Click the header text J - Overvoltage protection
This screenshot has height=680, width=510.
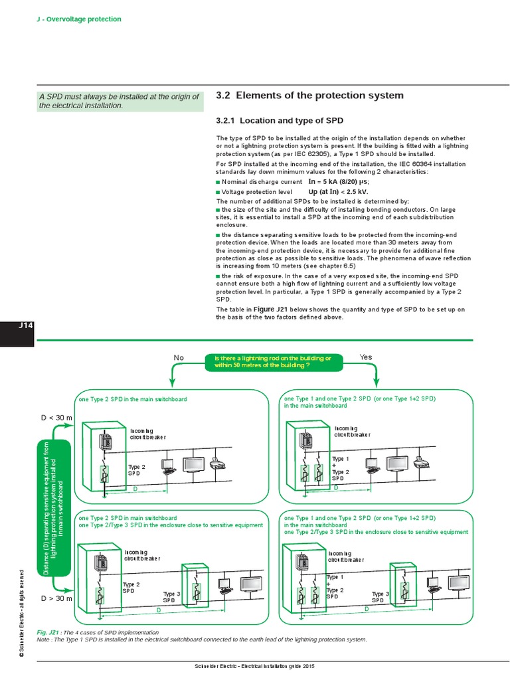78,19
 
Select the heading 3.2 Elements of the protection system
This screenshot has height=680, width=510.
310,96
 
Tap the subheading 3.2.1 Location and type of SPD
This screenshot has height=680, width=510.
280,121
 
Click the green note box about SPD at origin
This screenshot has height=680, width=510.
119,101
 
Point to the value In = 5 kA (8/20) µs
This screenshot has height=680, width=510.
339,181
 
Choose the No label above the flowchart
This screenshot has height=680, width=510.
179,358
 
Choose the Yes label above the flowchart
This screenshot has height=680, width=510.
366,357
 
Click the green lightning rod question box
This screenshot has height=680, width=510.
274,362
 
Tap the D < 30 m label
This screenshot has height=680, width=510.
56,417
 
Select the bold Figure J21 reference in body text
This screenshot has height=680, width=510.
272,309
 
